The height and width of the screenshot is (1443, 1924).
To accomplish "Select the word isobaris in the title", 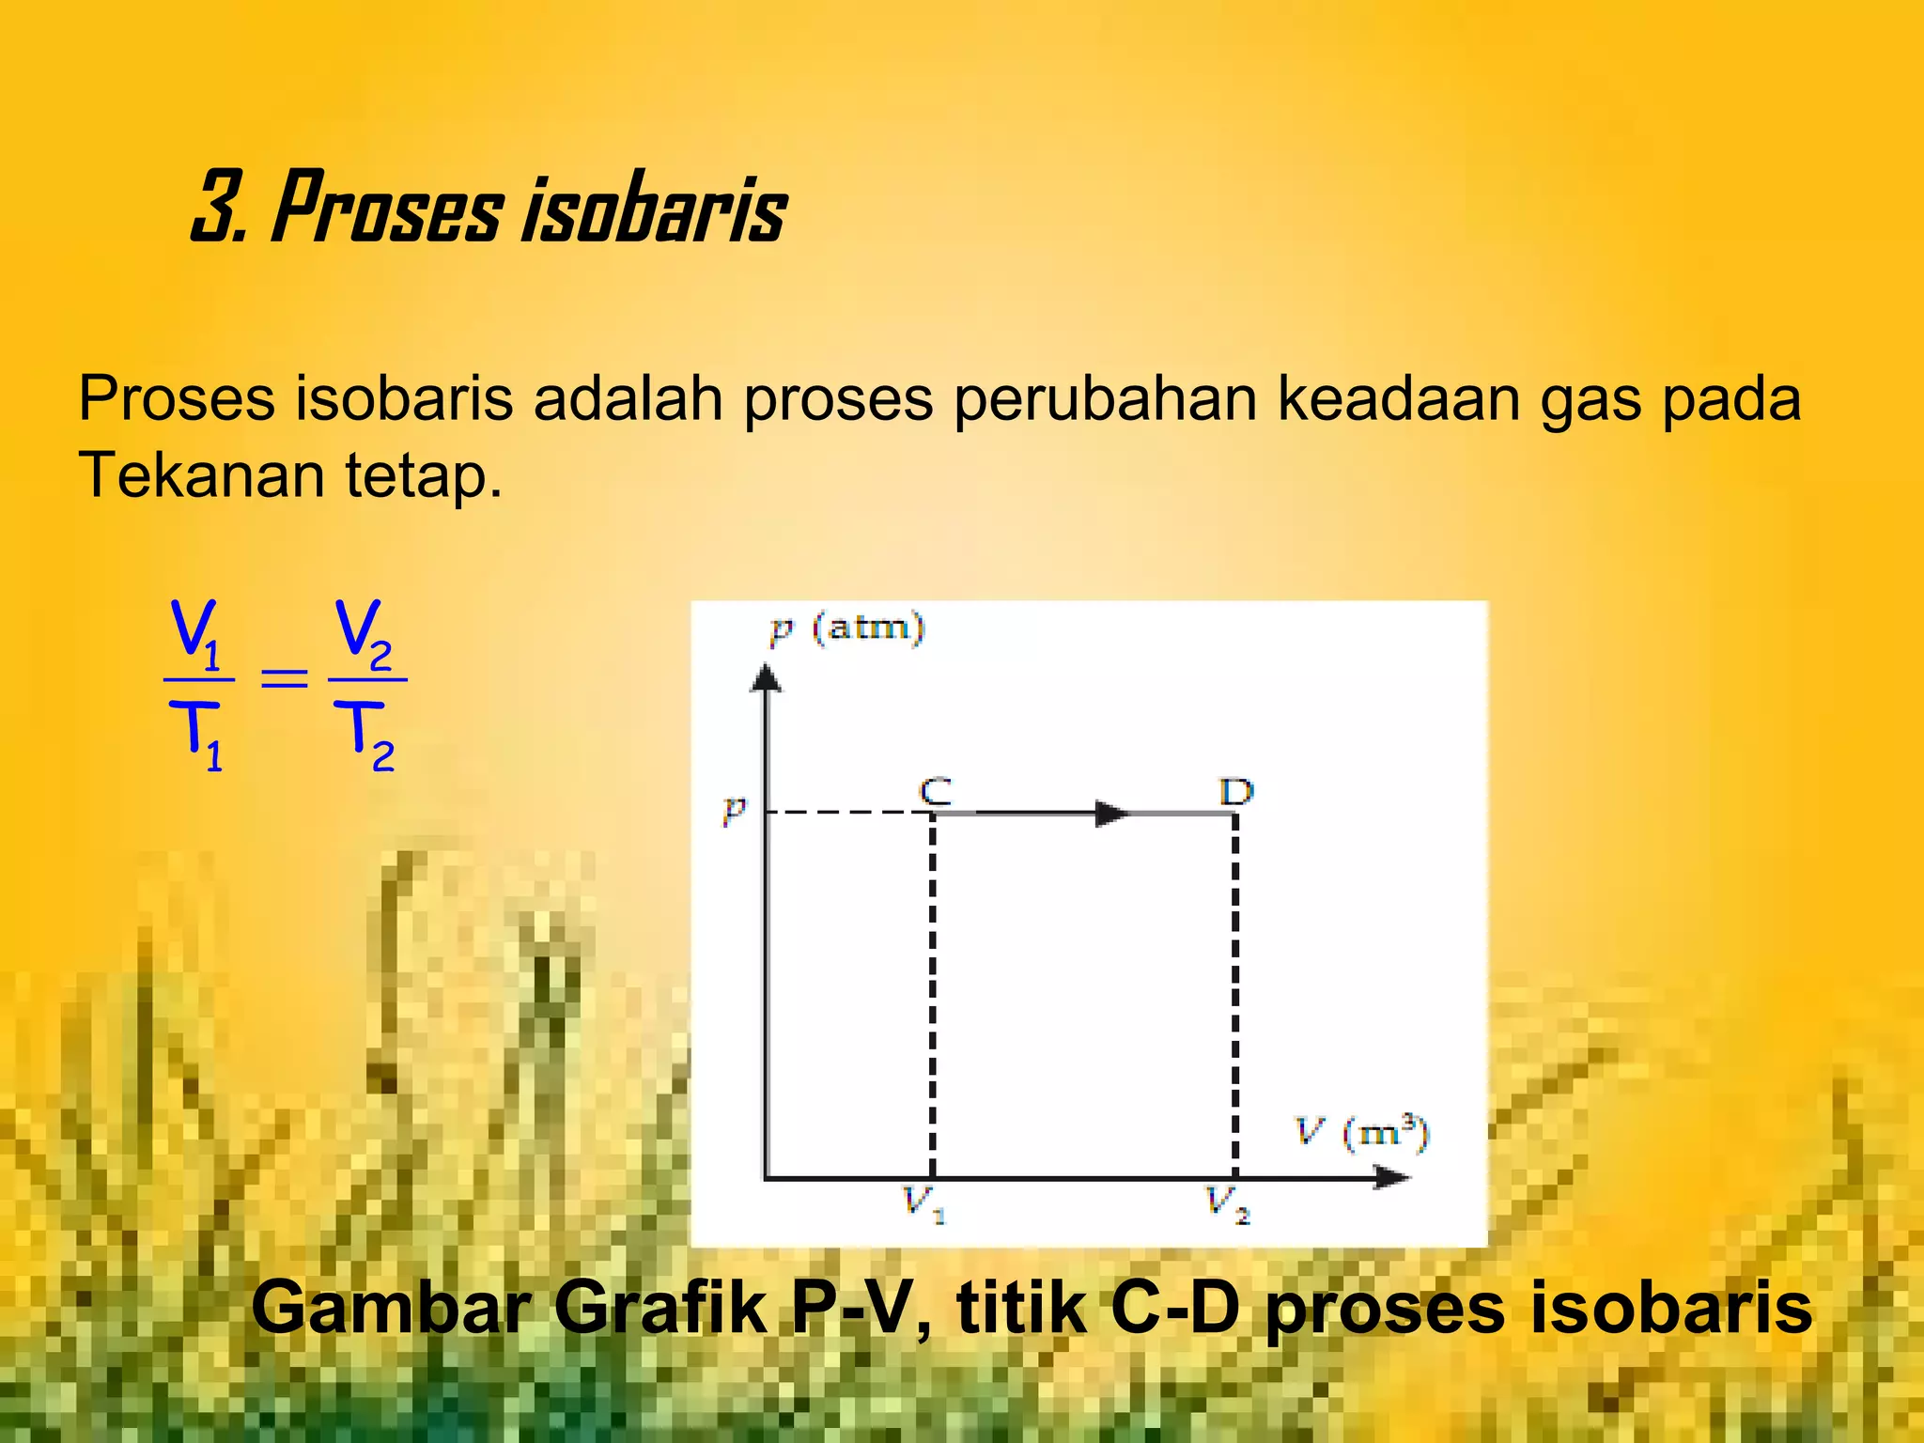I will (654, 209).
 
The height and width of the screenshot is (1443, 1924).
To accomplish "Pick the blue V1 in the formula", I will (195, 633).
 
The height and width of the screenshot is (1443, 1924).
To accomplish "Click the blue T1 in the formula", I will (198, 735).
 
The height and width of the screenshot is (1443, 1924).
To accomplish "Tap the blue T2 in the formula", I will (365, 735).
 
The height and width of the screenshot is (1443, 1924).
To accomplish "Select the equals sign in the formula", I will (284, 677).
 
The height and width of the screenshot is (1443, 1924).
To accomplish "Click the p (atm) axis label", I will (847, 627).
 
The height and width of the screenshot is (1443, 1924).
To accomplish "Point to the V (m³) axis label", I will (1362, 1132).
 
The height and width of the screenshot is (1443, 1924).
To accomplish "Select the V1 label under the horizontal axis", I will (924, 1202).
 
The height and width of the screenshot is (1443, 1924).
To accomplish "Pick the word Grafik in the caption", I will (660, 1308).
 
